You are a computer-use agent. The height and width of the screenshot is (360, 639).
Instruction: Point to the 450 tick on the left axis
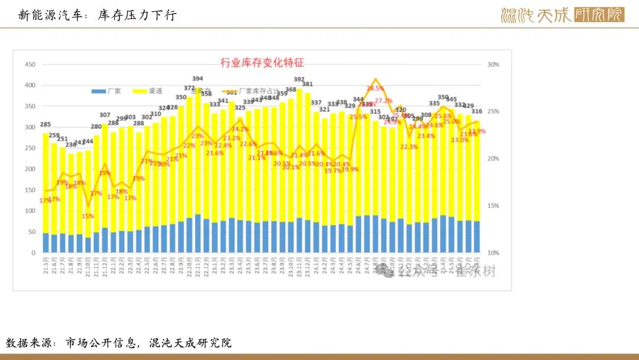click(30, 65)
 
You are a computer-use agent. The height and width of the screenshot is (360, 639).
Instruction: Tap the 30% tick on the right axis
click(493, 65)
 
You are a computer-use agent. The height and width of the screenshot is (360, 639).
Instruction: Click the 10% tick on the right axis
click(493, 253)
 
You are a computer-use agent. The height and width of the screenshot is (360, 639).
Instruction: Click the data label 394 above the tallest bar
click(198, 78)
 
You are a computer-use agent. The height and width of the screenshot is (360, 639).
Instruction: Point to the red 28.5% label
click(375, 88)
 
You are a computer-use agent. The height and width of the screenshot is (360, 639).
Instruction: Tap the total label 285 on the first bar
click(46, 124)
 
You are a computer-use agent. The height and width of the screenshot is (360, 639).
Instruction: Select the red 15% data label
click(88, 216)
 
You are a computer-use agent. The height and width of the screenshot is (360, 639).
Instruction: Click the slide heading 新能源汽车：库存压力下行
click(98, 15)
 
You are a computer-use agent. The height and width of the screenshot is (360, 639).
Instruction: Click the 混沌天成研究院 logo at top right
click(562, 15)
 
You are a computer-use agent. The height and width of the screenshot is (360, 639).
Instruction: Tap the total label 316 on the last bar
click(476, 111)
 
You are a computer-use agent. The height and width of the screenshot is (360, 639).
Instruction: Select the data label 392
click(299, 79)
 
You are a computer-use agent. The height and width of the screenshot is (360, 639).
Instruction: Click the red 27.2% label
click(383, 101)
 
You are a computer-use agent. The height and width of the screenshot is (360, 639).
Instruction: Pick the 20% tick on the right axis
click(493, 159)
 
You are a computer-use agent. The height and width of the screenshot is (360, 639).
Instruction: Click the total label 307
click(105, 115)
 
